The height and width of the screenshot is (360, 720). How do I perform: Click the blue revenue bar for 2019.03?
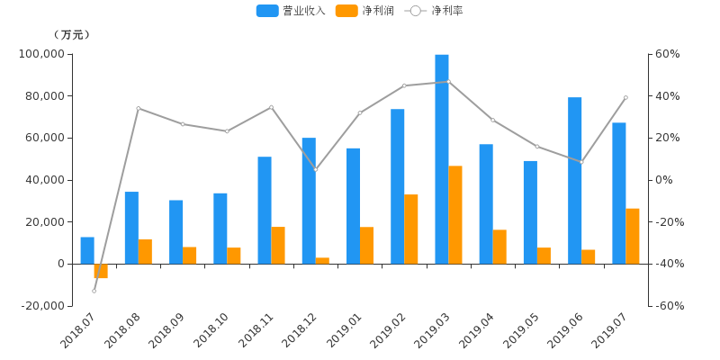coord(442,158)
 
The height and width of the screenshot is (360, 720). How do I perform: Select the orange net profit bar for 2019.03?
coord(455,214)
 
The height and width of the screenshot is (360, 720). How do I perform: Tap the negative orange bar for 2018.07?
coord(101,271)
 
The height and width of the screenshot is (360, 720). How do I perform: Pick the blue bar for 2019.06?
coord(575,180)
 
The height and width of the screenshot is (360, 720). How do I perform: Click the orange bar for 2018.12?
coord(322,260)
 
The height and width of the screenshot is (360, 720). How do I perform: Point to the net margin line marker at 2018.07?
coord(94,291)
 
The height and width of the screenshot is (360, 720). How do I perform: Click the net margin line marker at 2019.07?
coord(625,97)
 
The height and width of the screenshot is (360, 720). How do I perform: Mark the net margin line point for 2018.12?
coord(315,169)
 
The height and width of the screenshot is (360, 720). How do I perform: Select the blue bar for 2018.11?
coord(265,210)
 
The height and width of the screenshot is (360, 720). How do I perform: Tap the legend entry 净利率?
coord(436,11)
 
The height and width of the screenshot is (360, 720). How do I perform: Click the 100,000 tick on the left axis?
coord(40,54)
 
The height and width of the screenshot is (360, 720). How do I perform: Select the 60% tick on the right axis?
coord(667,54)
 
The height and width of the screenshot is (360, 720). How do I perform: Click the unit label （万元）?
coord(72,34)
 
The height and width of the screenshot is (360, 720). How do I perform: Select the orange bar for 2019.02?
coord(411,229)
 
